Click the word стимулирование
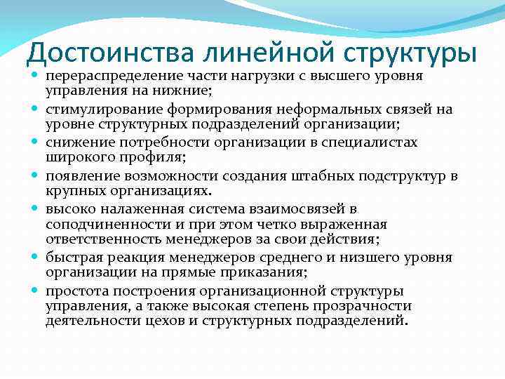[x=104, y=109]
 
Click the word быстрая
[x=75, y=258]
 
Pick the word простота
[x=78, y=291]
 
